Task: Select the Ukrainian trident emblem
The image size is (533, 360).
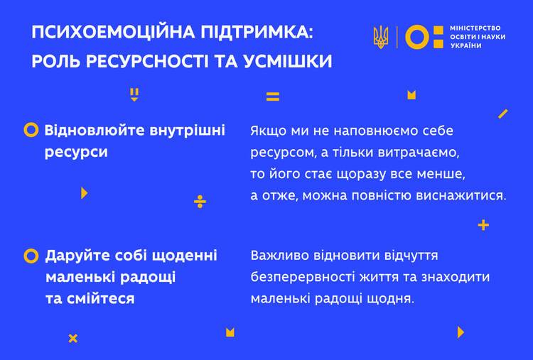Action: [x=381, y=37]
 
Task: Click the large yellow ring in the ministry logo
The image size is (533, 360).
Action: [x=417, y=37]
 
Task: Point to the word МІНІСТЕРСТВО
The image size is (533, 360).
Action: [x=475, y=28]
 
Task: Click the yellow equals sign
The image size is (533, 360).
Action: [x=273, y=97]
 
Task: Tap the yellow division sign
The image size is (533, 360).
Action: [x=200, y=202]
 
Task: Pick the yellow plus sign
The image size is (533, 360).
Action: [x=483, y=225]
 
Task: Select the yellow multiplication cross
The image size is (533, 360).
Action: [x=73, y=338]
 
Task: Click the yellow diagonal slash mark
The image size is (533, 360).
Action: [x=502, y=114]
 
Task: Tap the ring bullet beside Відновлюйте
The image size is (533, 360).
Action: [x=31, y=130]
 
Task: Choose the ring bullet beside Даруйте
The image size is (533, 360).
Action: [x=31, y=256]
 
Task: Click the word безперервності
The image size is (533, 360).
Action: [x=303, y=277]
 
